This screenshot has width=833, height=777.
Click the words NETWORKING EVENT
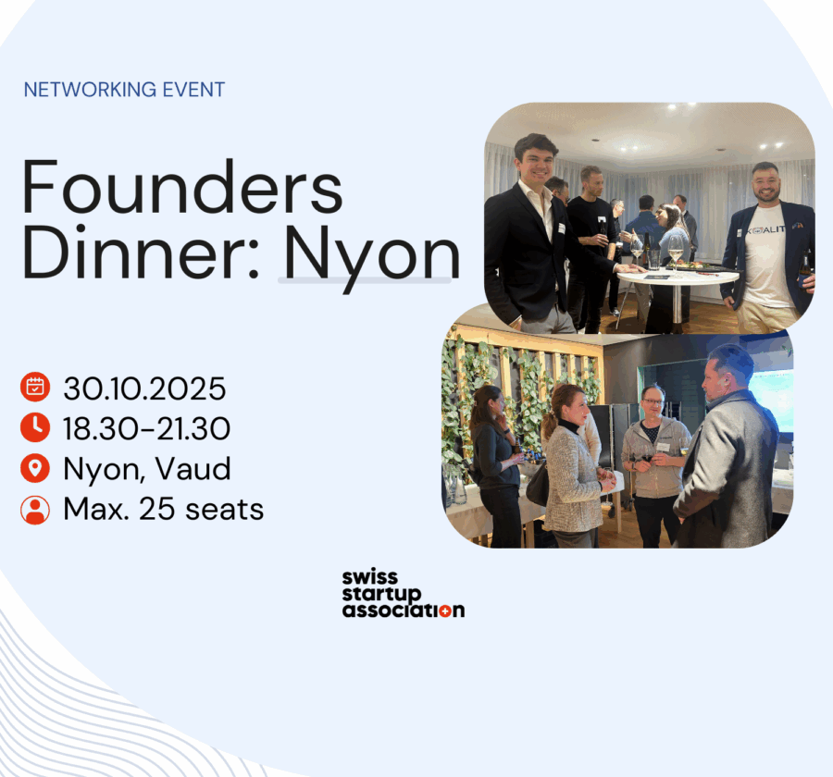coord(124,89)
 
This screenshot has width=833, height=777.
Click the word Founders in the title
coord(182,187)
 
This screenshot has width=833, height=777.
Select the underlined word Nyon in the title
coord(372,258)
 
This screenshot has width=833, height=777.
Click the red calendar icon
coord(35,388)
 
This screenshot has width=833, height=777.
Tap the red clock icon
coord(35,427)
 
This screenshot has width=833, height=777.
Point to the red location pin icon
coord(35,468)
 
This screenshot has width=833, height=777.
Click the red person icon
coord(35,510)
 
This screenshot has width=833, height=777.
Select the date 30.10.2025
coord(144,388)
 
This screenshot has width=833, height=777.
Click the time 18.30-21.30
coord(146,428)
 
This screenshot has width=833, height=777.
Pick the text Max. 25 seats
coord(164,510)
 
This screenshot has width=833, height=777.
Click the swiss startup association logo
coord(404,594)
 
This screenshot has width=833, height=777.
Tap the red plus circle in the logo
coord(444,610)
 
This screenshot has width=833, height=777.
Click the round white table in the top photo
coord(678,277)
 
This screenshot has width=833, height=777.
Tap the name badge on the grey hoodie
coord(663,447)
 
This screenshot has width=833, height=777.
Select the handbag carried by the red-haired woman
coord(538,485)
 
